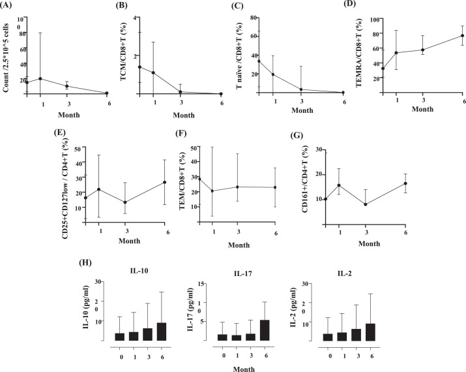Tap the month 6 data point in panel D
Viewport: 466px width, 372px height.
coord(444,36)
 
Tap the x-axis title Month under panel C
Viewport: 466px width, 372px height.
coord(302,110)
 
